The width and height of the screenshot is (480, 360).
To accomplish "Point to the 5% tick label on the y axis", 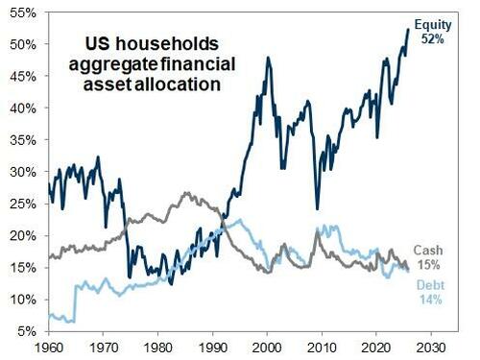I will (25, 331).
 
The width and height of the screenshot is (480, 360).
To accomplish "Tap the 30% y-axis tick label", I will (22, 172).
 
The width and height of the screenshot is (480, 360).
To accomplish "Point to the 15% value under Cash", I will (431, 265).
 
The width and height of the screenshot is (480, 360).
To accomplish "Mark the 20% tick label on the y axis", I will (22, 235).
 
